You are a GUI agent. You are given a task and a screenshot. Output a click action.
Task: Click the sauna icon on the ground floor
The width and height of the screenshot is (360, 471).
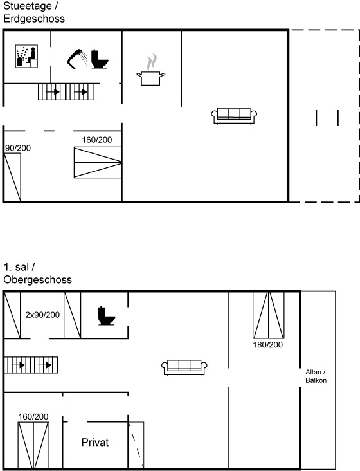26,57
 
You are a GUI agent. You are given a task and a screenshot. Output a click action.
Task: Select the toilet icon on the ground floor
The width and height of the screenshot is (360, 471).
100,59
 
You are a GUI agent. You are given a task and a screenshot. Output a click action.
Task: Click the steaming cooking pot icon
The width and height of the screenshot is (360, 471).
151,70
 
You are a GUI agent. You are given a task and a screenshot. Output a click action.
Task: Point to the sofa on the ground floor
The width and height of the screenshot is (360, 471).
234,116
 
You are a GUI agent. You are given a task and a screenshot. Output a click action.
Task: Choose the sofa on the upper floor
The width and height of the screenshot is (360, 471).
184,367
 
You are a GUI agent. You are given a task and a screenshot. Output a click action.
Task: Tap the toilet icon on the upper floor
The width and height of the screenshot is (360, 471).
107,316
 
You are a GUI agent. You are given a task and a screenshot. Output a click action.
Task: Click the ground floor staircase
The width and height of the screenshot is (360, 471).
66,92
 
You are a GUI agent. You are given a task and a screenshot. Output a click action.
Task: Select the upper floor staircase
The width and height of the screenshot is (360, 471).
31,365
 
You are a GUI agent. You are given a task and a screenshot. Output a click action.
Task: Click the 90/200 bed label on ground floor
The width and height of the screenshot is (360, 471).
18,148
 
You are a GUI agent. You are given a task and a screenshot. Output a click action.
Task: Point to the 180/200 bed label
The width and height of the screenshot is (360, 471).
267,344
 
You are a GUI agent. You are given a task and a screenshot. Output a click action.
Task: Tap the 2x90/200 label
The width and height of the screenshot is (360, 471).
42,315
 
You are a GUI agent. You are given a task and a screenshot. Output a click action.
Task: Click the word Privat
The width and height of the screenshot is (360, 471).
95,443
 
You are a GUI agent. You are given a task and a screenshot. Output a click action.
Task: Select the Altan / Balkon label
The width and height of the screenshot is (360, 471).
316,376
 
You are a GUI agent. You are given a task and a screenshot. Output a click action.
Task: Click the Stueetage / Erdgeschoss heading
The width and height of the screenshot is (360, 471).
34,12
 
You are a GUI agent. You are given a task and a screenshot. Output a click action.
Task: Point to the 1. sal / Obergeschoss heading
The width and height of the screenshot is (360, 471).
37,273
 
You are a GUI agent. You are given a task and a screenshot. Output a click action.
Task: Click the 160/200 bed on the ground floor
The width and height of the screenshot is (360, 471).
98,163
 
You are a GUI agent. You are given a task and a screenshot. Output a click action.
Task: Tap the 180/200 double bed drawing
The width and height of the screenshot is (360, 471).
269,315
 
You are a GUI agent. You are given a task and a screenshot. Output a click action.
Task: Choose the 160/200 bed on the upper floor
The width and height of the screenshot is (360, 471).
33,445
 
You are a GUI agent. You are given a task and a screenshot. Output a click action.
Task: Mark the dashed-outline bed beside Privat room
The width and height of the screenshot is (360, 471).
136,445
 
